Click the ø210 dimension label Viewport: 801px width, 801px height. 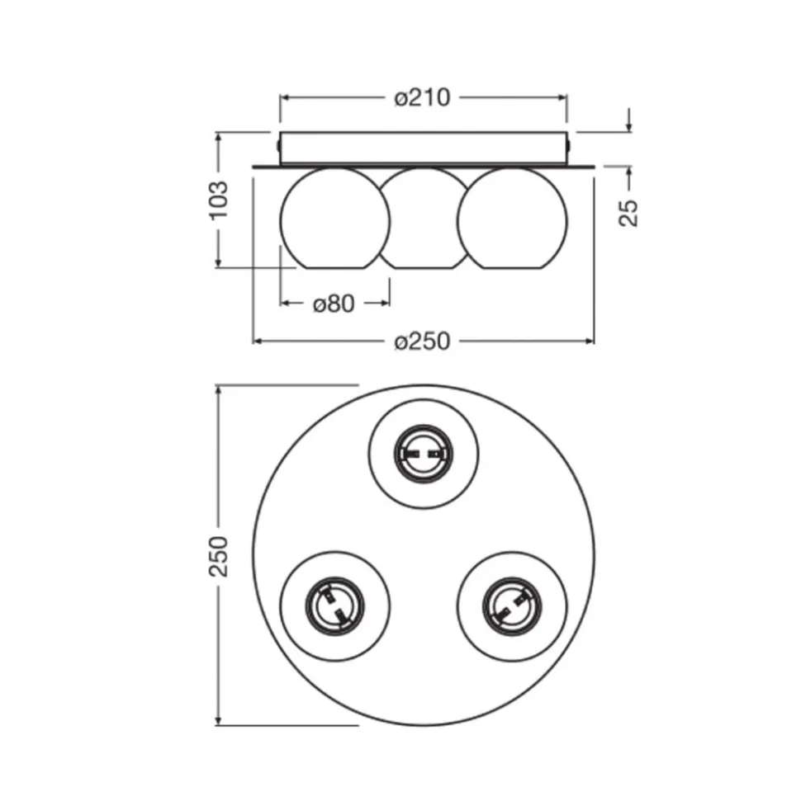(422, 97)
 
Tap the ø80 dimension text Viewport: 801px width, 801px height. (334, 304)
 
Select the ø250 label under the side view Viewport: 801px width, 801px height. (422, 342)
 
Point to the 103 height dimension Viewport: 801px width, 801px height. (219, 200)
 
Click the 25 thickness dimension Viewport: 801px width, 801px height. (628, 213)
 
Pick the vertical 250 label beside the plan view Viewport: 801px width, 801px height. (218, 556)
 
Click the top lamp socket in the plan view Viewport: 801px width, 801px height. (424, 454)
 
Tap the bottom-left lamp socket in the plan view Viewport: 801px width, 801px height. (335, 605)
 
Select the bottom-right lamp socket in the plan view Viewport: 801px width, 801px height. (512, 606)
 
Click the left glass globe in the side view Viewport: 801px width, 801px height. (334, 218)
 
